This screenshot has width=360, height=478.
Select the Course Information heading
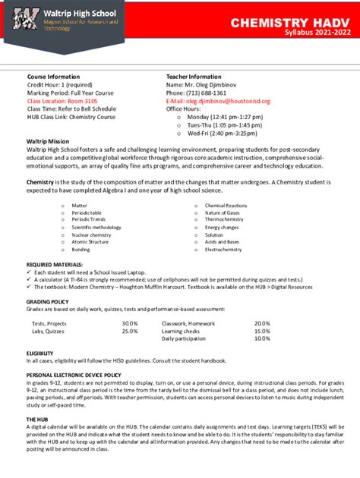pyautogui.click(x=53, y=77)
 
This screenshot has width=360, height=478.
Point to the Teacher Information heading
pyautogui.click(x=194, y=77)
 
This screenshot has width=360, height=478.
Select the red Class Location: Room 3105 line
pyautogui.click(x=62, y=100)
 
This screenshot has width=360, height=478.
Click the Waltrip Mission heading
pyautogui.click(x=48, y=142)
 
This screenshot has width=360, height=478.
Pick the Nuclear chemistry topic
pyautogui.click(x=91, y=234)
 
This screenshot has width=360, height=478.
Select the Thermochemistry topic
pyautogui.click(x=224, y=220)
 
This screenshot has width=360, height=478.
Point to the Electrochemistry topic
pyautogui.click(x=223, y=249)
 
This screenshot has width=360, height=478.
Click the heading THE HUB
pyautogui.click(x=37, y=420)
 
